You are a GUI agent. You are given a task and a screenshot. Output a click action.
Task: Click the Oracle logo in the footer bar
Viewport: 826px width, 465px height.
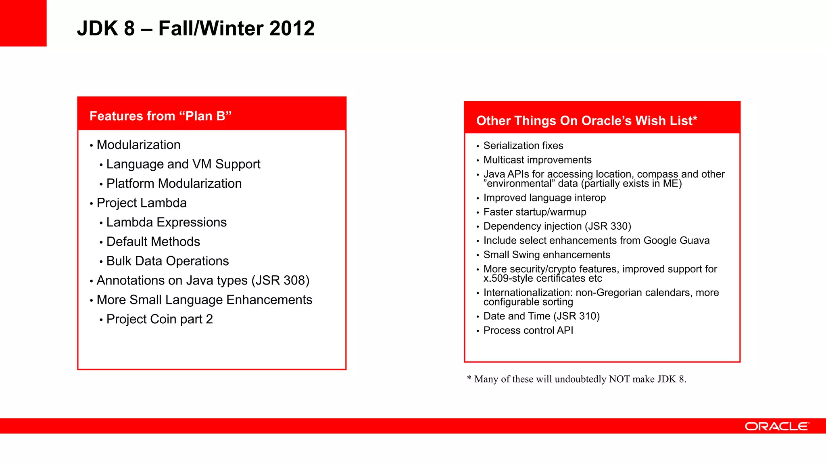pos(776,426)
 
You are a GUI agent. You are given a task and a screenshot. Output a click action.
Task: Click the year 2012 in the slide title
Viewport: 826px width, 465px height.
pos(292,28)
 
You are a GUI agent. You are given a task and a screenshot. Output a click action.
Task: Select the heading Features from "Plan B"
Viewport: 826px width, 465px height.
pos(161,116)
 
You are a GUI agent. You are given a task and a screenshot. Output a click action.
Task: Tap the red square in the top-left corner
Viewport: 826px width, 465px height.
pos(23,23)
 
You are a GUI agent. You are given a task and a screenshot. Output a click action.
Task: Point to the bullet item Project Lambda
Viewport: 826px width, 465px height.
pos(142,203)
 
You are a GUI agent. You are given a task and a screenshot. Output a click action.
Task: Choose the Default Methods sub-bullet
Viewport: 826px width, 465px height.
pos(153,242)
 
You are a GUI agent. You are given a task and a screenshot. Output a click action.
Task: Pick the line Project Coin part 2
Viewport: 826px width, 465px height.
pos(159,319)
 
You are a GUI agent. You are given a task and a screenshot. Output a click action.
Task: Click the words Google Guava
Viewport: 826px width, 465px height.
pos(676,241)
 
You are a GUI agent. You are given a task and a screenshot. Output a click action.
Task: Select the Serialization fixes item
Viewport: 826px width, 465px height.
pos(523,146)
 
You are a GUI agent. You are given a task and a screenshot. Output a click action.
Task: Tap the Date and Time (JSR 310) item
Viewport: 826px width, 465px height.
pos(541,316)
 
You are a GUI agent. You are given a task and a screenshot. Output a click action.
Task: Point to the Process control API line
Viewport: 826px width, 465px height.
pos(528,331)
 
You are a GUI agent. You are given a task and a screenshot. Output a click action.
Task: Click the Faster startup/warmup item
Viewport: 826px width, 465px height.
pos(535,212)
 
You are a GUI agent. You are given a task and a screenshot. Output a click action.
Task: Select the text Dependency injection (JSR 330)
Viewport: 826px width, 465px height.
pos(557,226)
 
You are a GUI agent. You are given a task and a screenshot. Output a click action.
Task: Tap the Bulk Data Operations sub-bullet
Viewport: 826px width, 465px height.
pos(167,261)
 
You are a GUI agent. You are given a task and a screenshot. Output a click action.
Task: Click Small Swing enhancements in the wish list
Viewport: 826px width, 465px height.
pos(546,255)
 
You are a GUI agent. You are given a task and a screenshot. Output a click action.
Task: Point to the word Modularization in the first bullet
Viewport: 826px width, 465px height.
pos(138,145)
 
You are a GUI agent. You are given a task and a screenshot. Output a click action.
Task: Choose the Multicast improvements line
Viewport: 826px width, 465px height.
pos(537,160)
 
